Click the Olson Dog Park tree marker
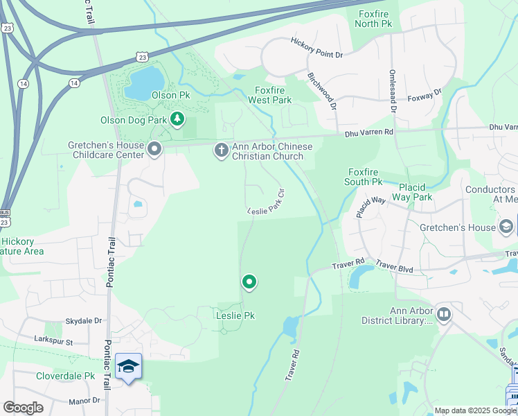click(178, 119)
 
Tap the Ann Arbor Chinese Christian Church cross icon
click(221, 150)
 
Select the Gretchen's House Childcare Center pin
click(154, 148)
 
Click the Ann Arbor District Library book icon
click(443, 314)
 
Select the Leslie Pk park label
click(234, 315)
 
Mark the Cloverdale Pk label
click(65, 376)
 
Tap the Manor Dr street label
click(84, 401)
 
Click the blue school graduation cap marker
click(128, 365)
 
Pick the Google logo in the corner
click(23, 408)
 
